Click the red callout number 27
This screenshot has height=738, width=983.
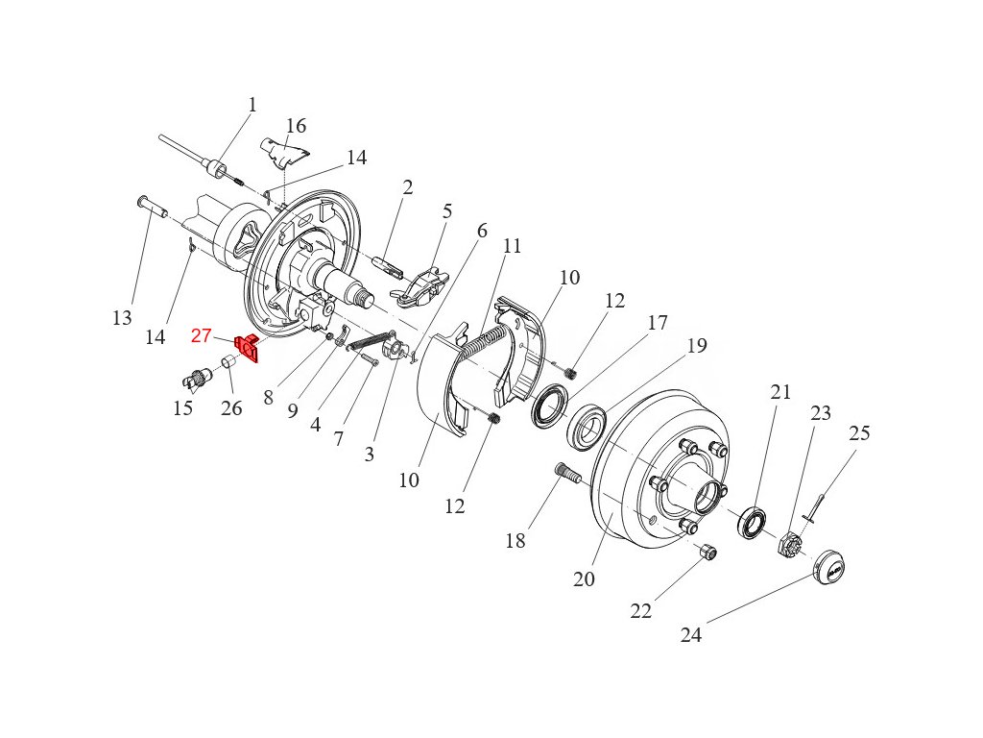coord(201,335)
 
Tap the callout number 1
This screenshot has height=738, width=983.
coord(252,105)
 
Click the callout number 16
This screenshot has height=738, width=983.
coord(296,126)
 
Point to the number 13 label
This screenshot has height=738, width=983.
coord(122,318)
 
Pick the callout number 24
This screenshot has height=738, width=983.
coord(691,635)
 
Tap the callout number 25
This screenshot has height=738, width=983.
coord(859,433)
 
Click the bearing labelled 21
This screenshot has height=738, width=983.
coord(753,524)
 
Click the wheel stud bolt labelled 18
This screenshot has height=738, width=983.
coord(567,474)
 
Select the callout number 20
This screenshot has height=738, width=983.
coord(584,579)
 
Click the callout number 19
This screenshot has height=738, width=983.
coord(697,346)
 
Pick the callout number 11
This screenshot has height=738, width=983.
coord(512,246)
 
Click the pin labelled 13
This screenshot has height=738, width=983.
coord(151,206)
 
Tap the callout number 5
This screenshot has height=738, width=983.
coord(446,211)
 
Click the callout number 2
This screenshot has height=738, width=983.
coord(408,187)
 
